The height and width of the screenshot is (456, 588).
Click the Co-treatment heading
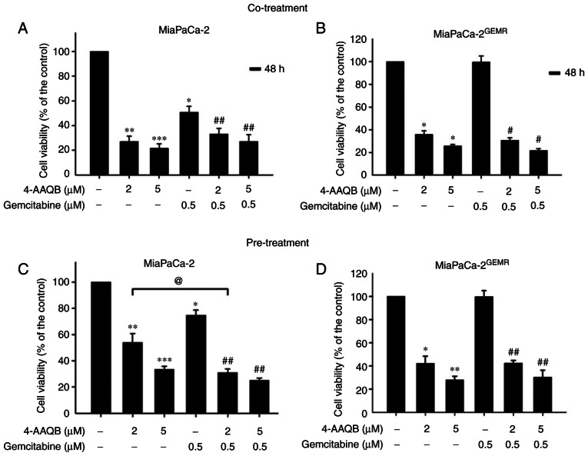click(x=294, y=8)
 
